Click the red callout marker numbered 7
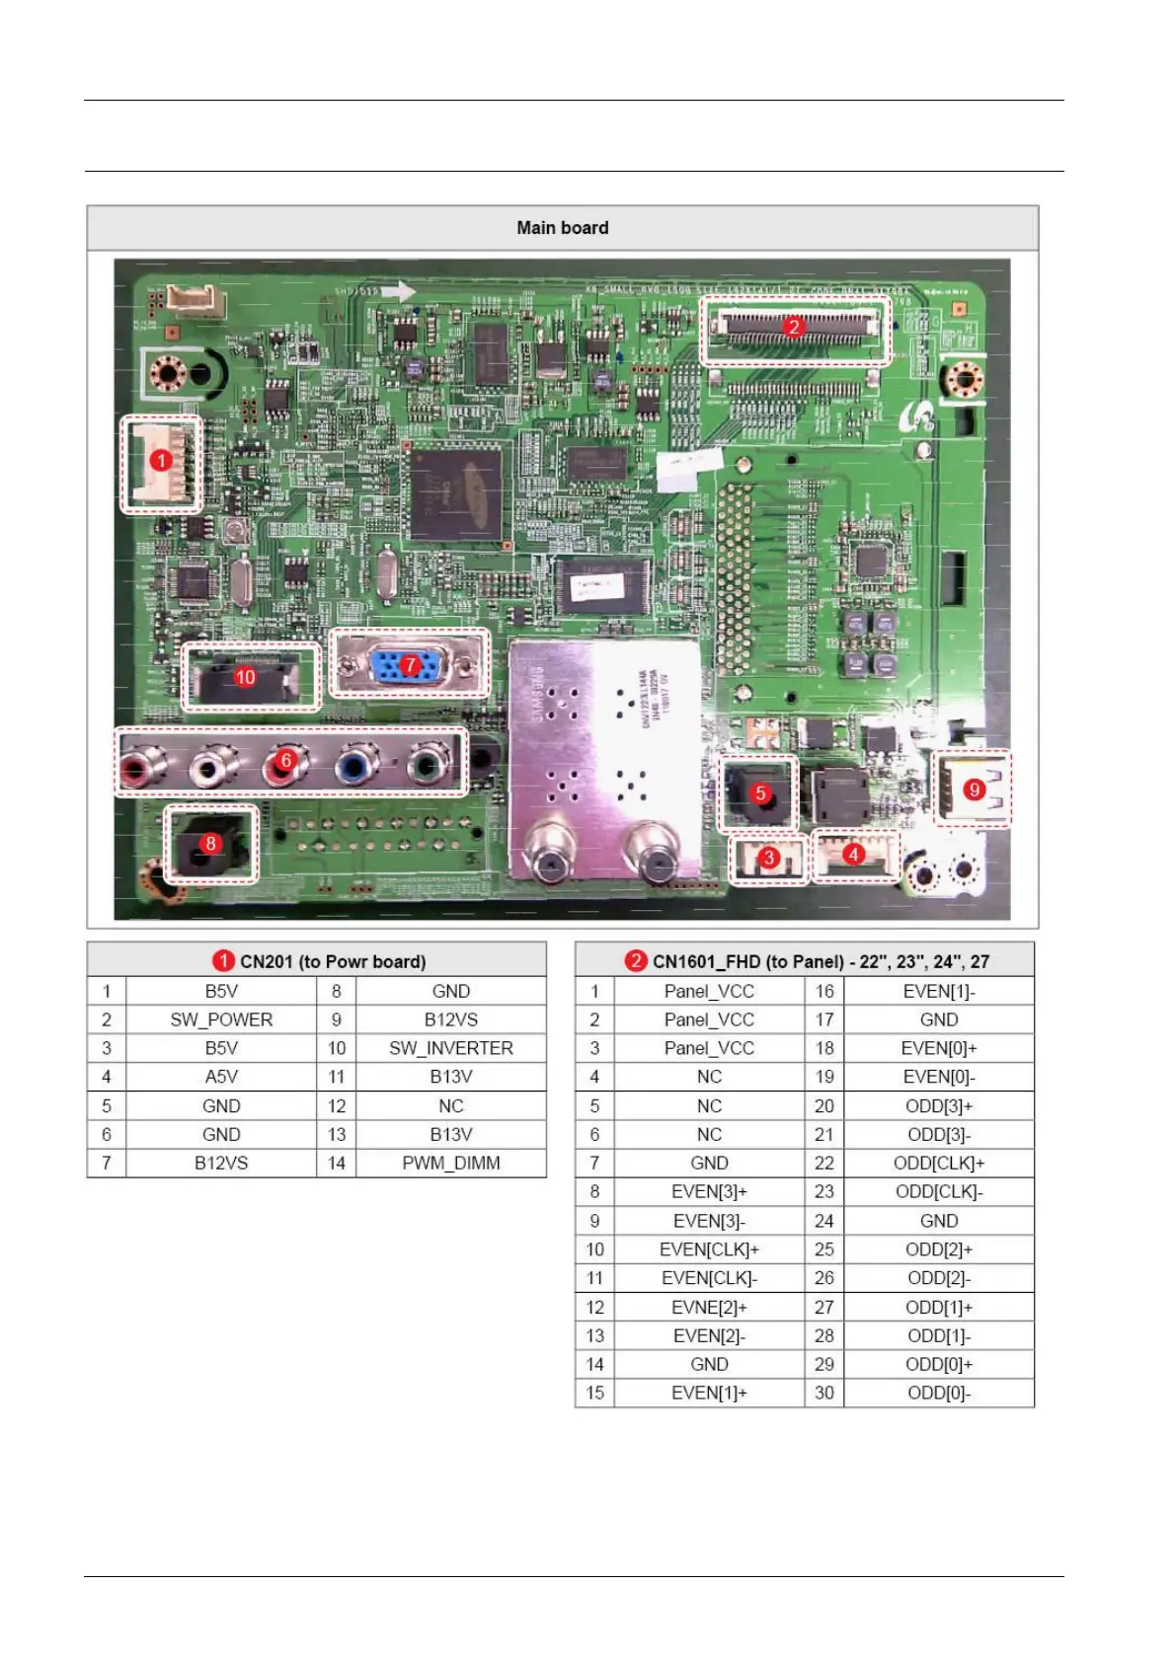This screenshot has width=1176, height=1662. click(410, 665)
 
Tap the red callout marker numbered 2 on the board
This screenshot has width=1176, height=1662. click(793, 326)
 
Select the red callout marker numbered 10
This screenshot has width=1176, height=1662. click(245, 677)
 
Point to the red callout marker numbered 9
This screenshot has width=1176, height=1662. click(974, 790)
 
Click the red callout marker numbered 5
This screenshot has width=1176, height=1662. click(760, 793)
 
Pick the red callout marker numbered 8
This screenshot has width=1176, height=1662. click(210, 844)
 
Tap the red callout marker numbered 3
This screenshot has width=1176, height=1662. click(769, 858)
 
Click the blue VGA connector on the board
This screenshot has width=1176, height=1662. click(407, 665)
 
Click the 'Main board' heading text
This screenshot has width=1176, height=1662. click(562, 228)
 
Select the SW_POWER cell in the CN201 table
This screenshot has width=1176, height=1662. click(221, 1020)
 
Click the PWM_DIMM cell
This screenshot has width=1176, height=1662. click(450, 1163)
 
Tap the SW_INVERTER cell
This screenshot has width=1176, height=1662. click(450, 1048)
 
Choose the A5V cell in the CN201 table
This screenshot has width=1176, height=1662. click(221, 1077)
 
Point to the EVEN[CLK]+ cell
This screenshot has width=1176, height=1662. click(709, 1249)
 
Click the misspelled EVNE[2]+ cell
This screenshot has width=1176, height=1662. click(709, 1307)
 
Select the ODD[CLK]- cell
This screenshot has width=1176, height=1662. click(938, 1191)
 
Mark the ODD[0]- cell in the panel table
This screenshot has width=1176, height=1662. click(938, 1393)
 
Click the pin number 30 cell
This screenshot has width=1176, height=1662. click(824, 1393)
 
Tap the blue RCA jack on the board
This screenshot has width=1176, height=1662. click(354, 765)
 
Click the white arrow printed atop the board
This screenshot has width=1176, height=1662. click(398, 291)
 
